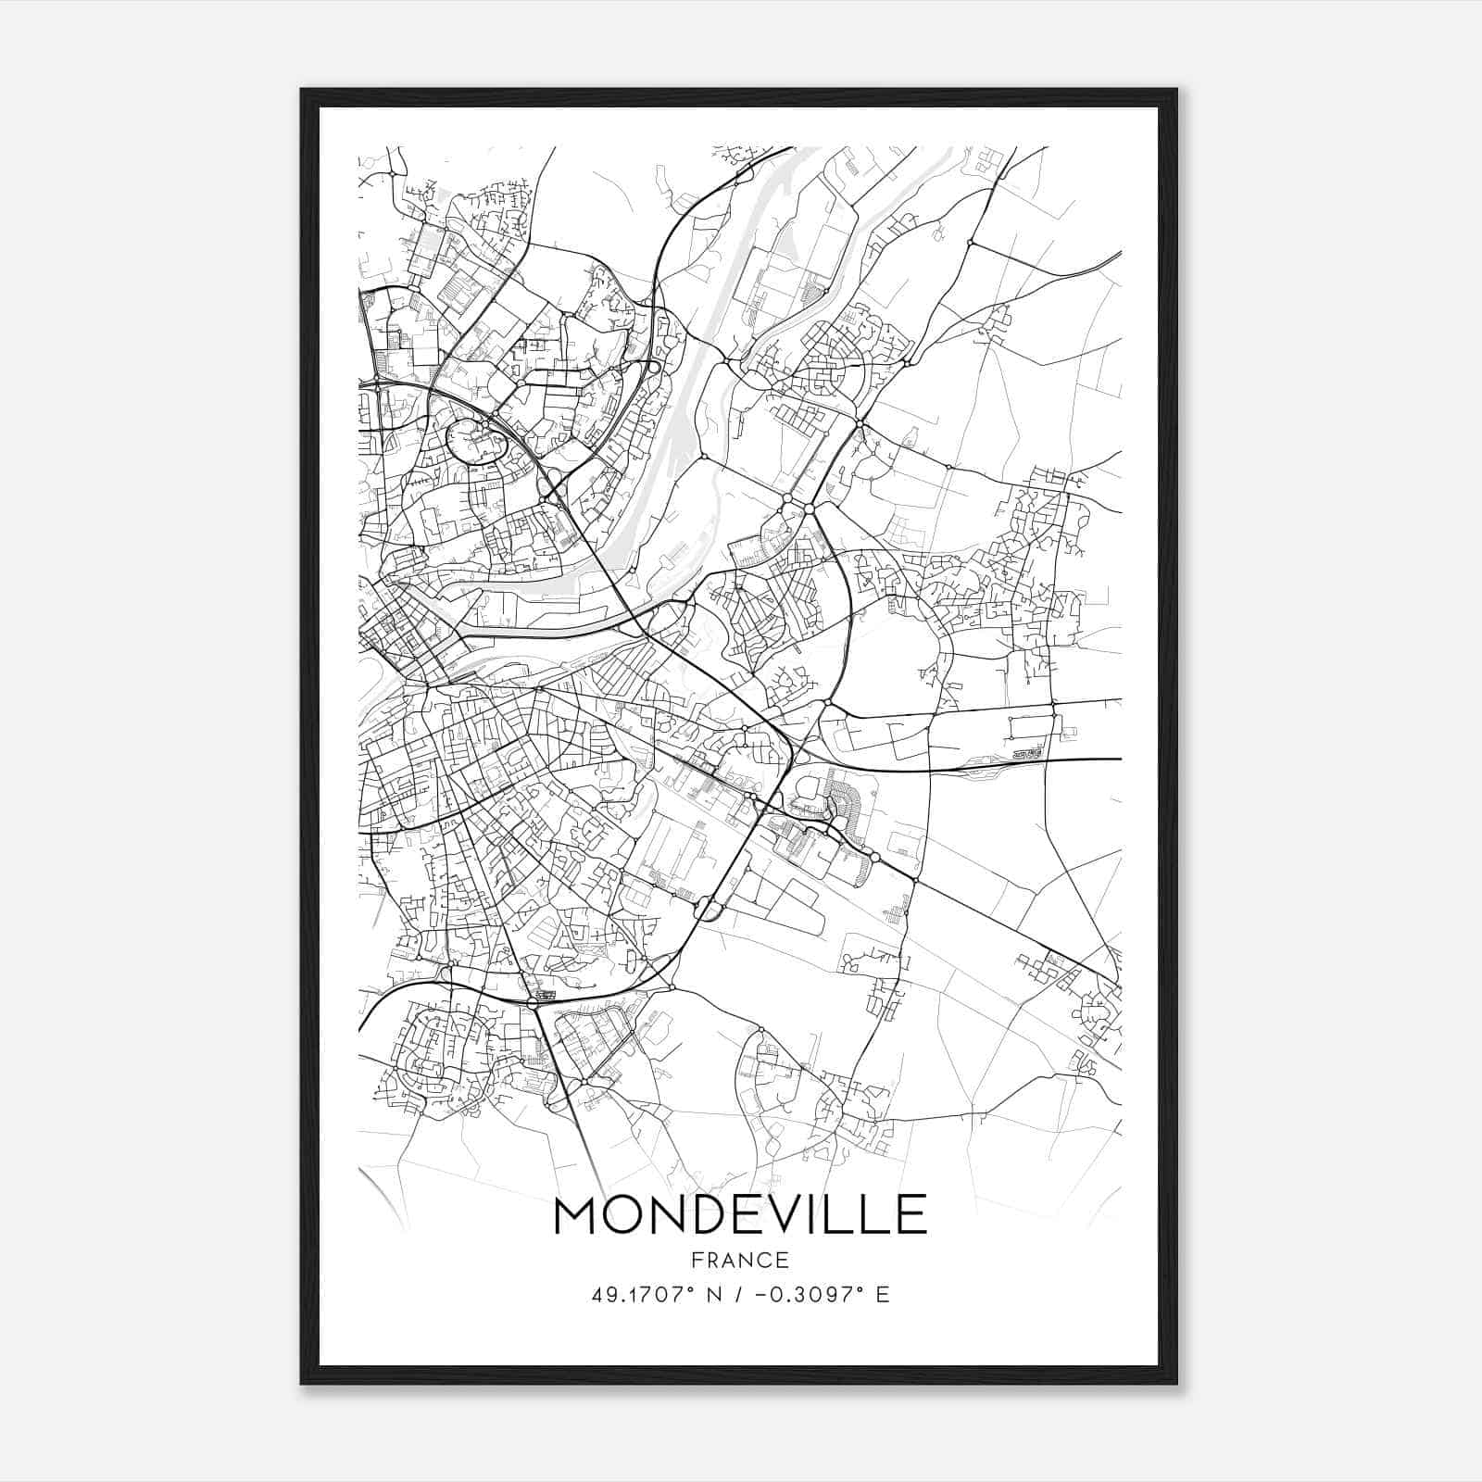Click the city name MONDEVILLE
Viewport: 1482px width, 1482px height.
[740, 1215]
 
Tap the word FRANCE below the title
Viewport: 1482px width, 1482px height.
[740, 1260]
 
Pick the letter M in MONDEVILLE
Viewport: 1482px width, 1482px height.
[577, 1215]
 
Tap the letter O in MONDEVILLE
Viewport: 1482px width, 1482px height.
[625, 1215]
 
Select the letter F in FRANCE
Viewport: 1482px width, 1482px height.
[696, 1260]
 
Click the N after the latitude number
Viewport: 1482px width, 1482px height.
[713, 1294]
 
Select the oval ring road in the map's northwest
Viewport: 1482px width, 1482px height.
[475, 440]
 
